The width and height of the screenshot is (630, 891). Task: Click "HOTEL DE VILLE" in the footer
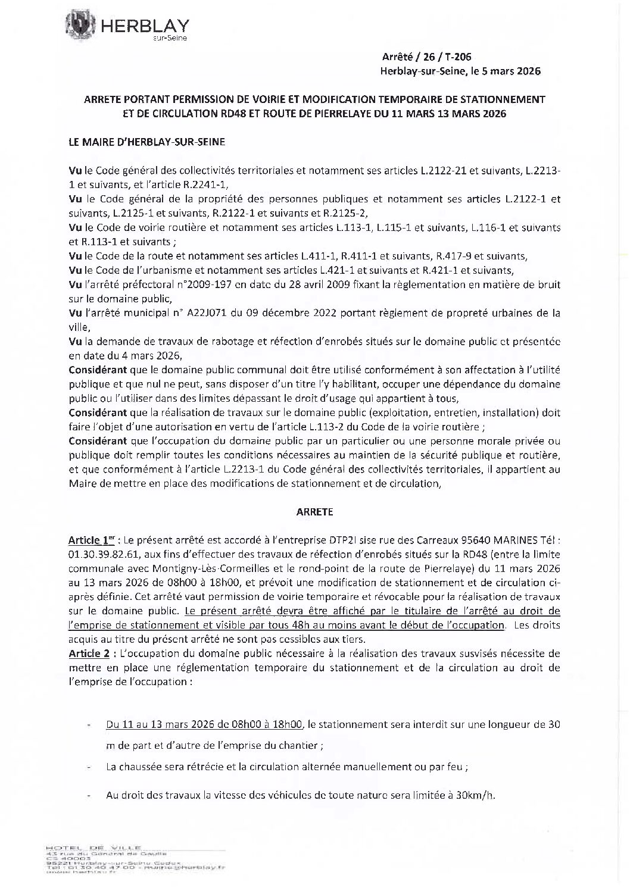pyautogui.click(x=92, y=846)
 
